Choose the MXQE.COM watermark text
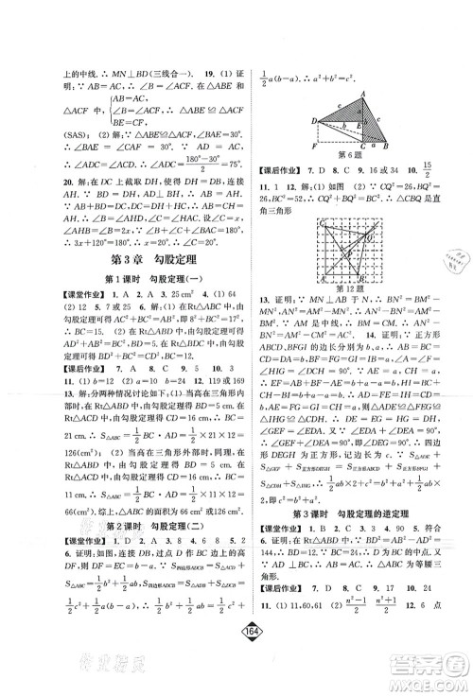point(425,674)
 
